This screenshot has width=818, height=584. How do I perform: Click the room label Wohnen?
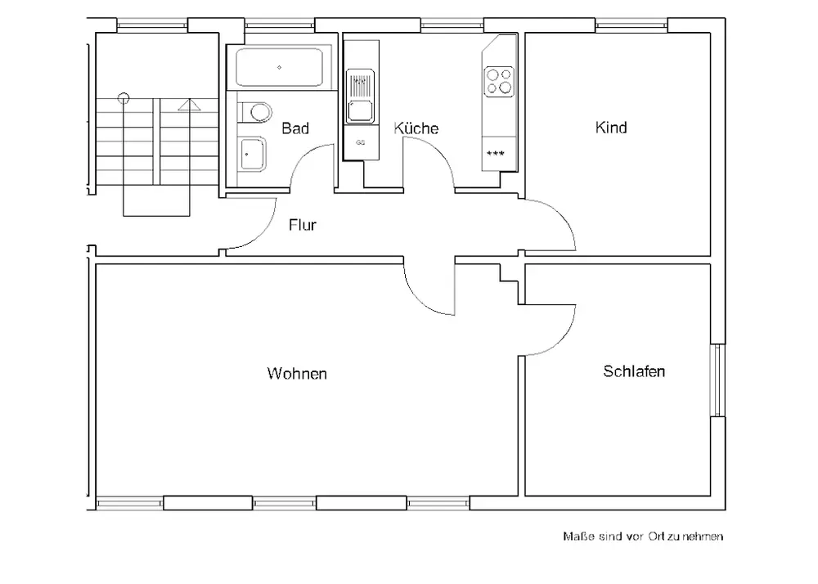(297, 373)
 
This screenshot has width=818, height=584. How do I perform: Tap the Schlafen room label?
(634, 371)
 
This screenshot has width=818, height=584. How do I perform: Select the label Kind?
(611, 128)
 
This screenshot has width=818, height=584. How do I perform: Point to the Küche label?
(416, 128)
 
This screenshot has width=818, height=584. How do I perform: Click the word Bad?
(295, 128)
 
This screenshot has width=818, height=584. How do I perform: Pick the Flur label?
(303, 225)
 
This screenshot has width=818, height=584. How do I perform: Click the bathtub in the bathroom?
(279, 67)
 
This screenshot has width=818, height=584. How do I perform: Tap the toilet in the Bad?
(255, 111)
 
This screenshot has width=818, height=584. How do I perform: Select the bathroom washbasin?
(253, 154)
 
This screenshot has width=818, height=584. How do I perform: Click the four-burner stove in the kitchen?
(499, 82)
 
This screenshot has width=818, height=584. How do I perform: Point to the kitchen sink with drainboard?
(360, 97)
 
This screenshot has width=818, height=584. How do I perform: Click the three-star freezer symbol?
(495, 153)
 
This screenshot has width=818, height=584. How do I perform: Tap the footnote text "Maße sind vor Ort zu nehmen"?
(643, 536)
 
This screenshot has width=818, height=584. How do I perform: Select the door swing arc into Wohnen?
(419, 300)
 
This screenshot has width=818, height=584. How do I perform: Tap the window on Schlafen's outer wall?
(718, 380)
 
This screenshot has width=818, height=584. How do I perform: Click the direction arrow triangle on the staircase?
(189, 105)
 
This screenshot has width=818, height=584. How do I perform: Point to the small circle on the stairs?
(124, 97)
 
